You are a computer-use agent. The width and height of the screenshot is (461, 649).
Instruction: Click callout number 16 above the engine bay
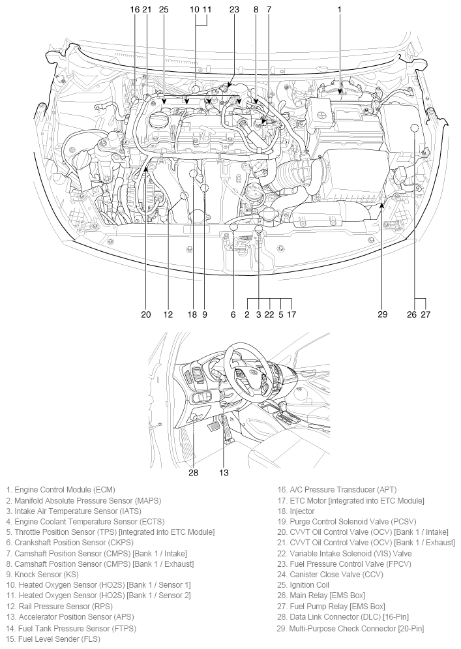pos(134,10)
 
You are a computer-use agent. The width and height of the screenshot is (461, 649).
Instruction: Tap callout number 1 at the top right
pos(340,10)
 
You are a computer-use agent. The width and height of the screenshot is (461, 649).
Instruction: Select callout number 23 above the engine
pos(234,10)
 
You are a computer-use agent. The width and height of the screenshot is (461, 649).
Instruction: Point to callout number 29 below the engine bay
pos(383,314)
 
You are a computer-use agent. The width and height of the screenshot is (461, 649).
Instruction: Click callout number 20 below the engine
pos(146,314)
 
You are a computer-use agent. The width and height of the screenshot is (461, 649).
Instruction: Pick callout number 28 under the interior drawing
pos(193,472)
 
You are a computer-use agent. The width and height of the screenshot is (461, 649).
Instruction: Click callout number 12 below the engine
pos(168,314)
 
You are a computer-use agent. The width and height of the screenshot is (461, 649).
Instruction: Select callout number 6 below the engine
pos(233,314)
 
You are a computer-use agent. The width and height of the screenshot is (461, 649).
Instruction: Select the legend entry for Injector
pos(296,511)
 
